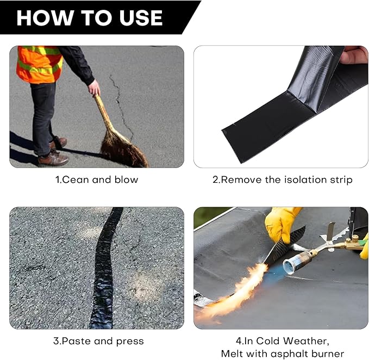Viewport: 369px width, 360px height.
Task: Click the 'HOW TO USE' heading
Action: pos(89,17)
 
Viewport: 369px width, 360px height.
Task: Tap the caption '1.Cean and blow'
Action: pos(97,179)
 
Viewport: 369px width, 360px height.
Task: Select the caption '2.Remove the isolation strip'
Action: pos(282,179)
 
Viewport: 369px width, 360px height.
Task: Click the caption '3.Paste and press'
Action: pos(98,342)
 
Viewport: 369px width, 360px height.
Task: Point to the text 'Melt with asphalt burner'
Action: pos(282,354)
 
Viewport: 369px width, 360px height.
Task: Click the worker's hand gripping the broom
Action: pos(95,88)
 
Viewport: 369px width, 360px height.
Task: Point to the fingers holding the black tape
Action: pos(354,54)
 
